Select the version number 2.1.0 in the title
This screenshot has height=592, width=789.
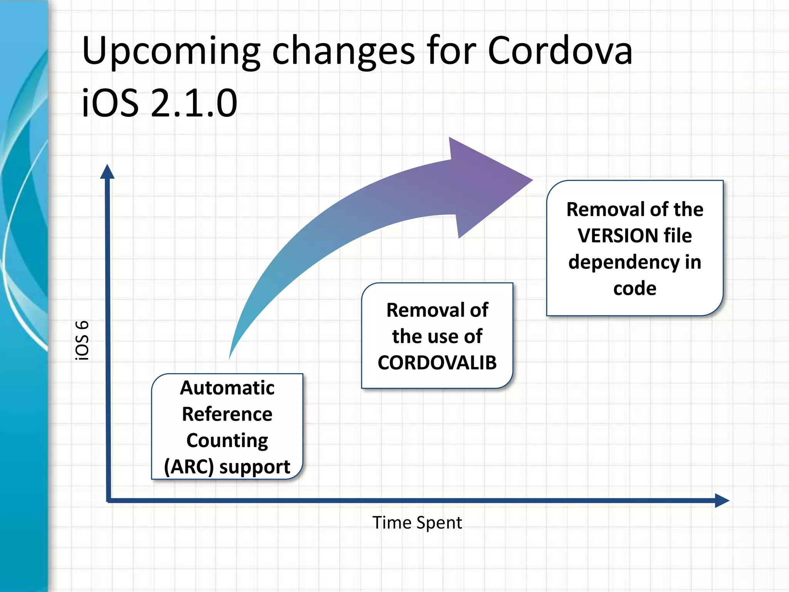coord(194,103)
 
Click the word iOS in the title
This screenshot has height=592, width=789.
coord(110,103)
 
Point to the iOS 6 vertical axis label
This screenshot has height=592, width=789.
coord(82,340)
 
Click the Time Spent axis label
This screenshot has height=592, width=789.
coord(417,523)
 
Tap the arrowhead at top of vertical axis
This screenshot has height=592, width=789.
coord(107,172)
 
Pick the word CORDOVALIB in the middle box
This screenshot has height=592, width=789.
coord(437,363)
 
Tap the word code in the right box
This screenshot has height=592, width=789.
coord(635,288)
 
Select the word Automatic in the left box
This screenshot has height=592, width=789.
coord(227,388)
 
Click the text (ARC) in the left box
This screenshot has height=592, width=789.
coord(188,467)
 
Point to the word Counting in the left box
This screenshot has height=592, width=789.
coord(227,441)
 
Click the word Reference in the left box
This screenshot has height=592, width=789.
coord(227,414)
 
